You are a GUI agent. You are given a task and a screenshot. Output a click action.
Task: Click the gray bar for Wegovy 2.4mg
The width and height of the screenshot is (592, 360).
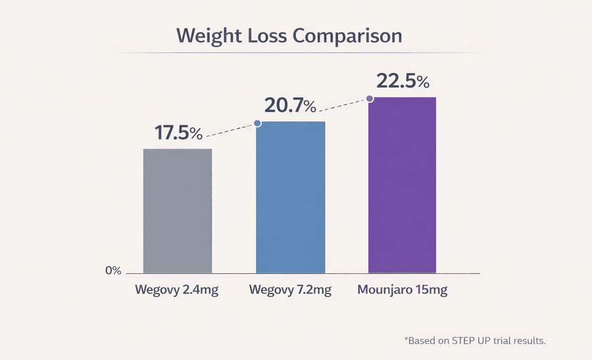(178, 211)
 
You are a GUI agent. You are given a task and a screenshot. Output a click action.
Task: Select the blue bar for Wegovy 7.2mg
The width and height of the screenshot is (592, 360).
(290, 197)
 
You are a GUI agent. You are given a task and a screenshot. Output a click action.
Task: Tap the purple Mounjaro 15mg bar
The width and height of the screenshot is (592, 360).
(402, 184)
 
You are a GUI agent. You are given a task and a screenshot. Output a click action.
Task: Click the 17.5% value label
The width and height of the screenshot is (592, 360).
(178, 132)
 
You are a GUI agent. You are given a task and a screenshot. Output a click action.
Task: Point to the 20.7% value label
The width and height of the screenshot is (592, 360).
(290, 105)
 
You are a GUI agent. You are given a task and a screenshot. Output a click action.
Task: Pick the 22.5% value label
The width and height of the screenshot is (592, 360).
(403, 82)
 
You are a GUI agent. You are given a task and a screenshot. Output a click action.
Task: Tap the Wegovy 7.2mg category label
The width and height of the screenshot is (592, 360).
(290, 290)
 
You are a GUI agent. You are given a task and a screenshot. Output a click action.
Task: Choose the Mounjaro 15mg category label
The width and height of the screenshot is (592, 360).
(402, 290)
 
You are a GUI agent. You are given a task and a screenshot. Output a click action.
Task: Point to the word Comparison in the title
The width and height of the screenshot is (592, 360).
(347, 36)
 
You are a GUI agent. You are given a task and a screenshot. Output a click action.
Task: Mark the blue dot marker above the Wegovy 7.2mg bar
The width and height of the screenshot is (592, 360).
(257, 123)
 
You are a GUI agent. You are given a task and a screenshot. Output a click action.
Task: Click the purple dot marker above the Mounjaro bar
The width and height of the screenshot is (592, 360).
(370, 99)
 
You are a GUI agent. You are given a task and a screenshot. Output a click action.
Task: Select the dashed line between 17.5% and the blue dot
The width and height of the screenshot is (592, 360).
(230, 130)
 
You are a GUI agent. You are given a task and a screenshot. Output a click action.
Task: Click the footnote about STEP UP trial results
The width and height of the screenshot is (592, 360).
(475, 341)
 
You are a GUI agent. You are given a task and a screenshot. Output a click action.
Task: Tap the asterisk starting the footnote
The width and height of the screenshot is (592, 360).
(406, 340)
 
